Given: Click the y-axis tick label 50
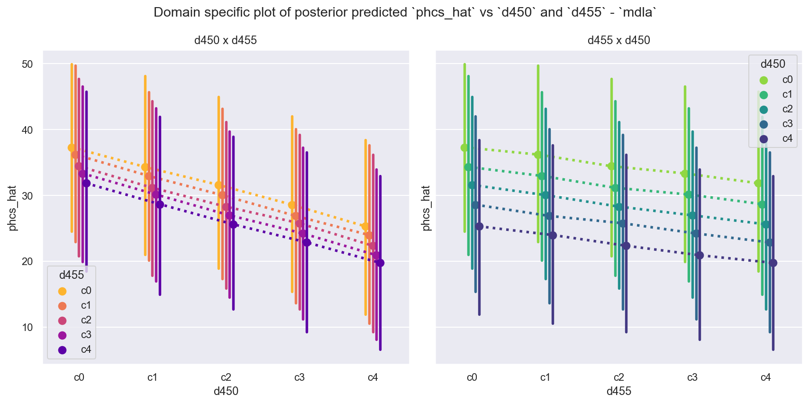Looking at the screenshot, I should [x=27, y=64].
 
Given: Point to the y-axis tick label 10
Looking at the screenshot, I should [x=27, y=327].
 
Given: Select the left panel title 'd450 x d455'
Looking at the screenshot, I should [x=226, y=40].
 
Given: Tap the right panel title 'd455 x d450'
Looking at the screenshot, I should [x=618, y=40].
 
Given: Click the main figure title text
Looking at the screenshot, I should [x=404, y=12].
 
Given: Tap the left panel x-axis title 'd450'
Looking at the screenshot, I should [x=226, y=391].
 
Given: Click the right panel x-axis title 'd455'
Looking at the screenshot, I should [x=618, y=391].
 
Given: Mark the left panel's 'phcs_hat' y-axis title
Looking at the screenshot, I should [x=13, y=208].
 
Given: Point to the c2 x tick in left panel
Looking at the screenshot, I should [x=226, y=377].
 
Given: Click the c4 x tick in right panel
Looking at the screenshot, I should [x=765, y=377].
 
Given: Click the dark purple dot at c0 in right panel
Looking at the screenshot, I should [x=479, y=226].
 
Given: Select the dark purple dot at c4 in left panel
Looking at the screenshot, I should [x=380, y=263].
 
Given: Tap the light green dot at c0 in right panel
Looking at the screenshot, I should [x=464, y=147].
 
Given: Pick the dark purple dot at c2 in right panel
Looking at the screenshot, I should [x=626, y=246].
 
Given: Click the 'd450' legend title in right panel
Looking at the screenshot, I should [x=773, y=64].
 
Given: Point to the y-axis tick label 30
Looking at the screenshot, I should [x=27, y=195].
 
